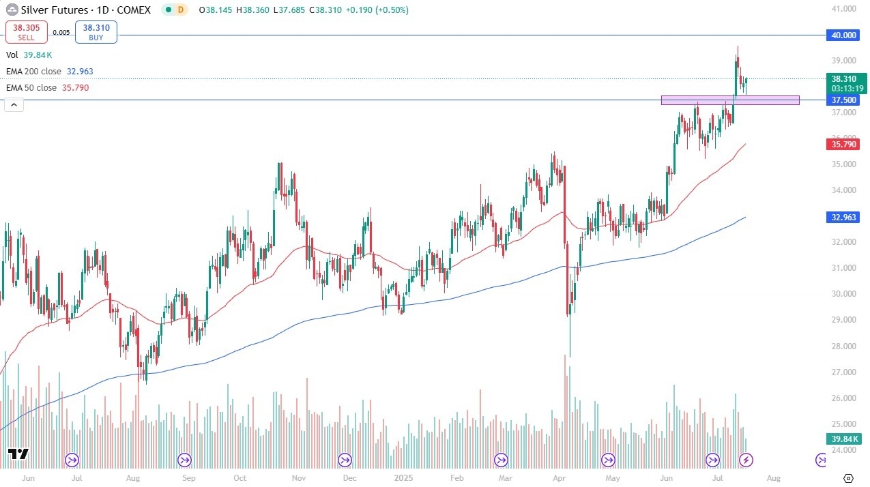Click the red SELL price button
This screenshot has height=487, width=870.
(27, 32)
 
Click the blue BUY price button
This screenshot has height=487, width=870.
(96, 32)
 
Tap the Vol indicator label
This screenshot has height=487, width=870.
(12, 55)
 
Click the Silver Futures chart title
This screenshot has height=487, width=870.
(54, 10)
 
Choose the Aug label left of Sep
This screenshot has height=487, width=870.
(133, 478)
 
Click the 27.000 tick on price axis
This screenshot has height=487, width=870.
(844, 372)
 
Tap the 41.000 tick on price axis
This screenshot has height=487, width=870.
(844, 9)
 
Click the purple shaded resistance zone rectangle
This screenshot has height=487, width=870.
(730, 100)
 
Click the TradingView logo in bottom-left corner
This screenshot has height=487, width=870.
(18, 455)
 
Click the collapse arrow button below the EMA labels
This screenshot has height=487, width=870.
(13, 104)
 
